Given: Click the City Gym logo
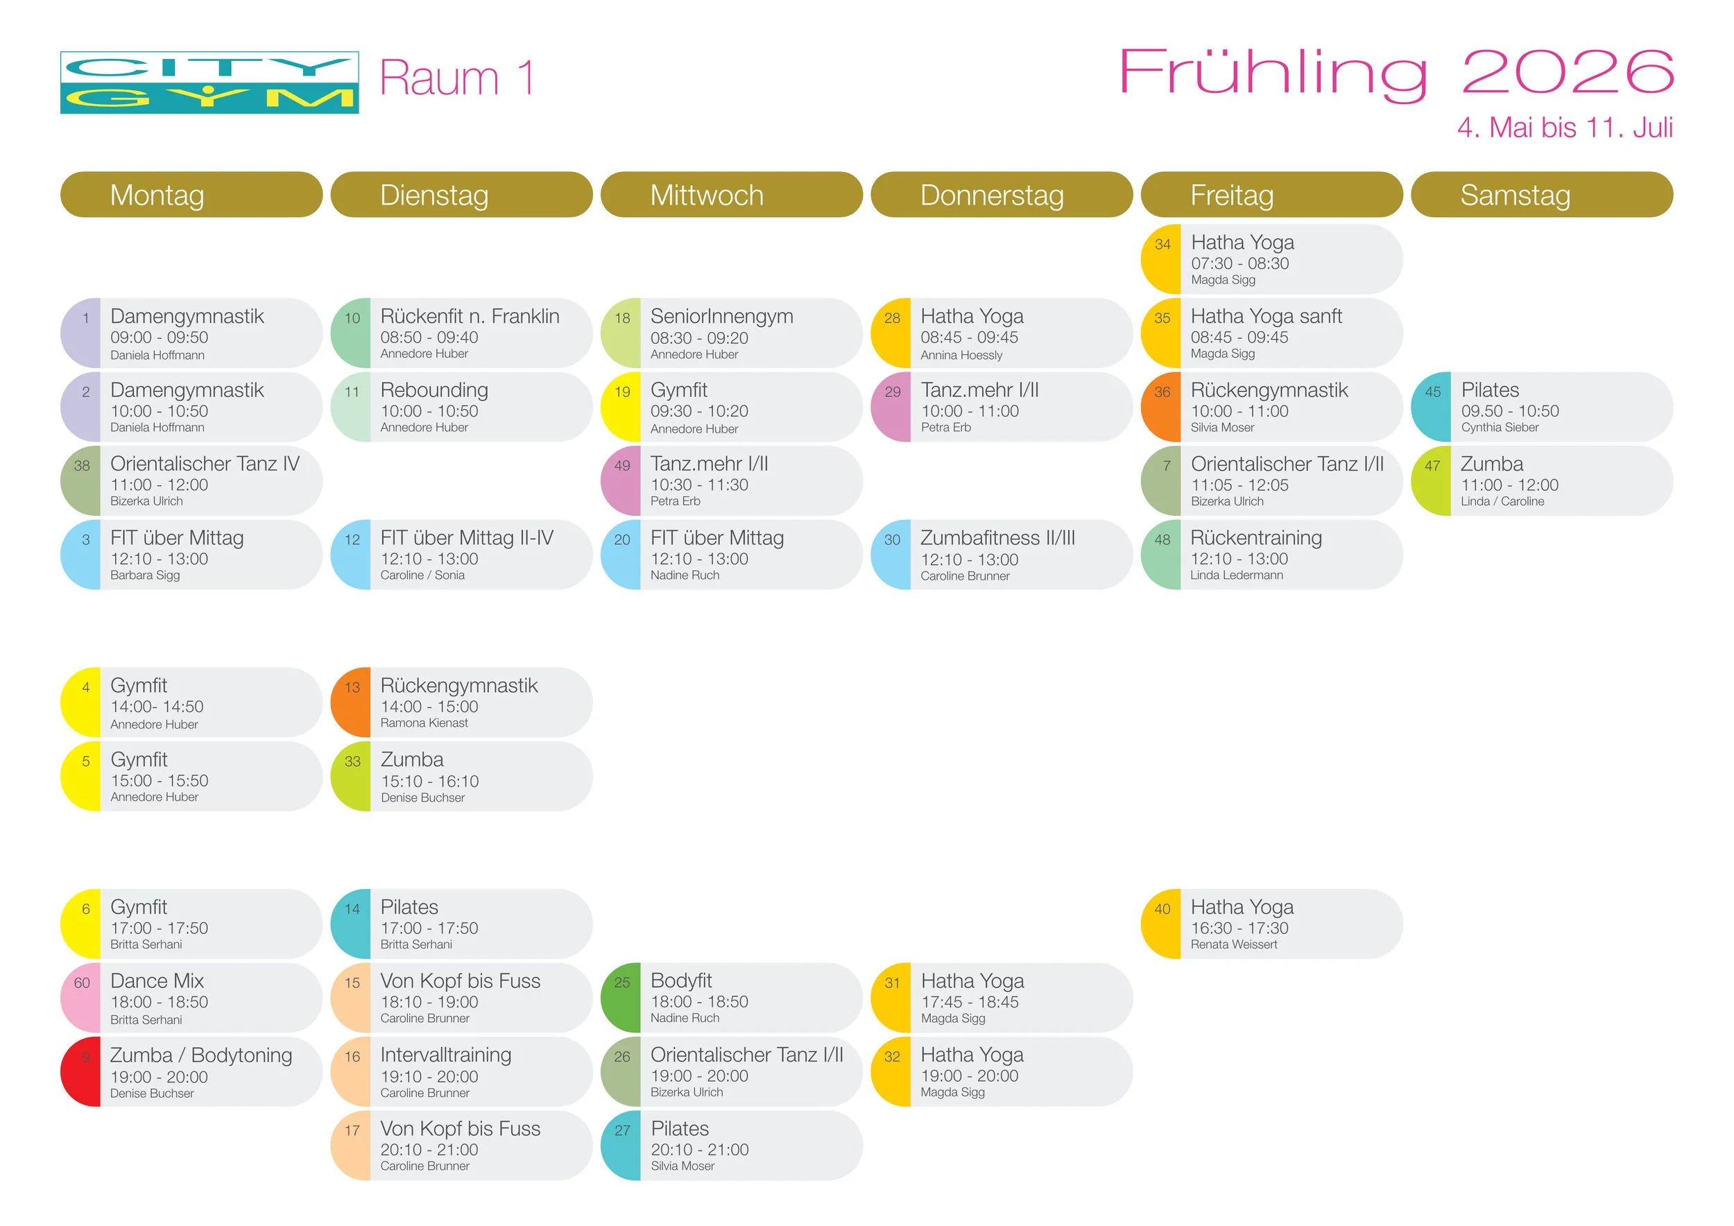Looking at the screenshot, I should click(209, 83).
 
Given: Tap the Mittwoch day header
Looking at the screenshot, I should click(706, 196).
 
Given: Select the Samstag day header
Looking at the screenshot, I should click(1515, 196).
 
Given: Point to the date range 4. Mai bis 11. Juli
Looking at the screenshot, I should click(1565, 128).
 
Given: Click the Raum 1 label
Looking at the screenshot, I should click(457, 78).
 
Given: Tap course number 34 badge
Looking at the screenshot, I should click(1162, 245).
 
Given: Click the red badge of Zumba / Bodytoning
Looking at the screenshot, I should click(82, 1071).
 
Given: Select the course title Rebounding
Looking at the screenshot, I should click(434, 390).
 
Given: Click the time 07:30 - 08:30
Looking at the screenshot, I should click(1239, 264).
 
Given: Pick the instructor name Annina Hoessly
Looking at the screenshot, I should click(961, 355).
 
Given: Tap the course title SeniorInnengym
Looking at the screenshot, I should click(721, 316).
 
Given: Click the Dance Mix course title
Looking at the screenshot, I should click(157, 981).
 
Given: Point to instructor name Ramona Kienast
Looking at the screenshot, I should click(424, 723).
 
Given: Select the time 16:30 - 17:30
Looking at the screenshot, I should click(1239, 928).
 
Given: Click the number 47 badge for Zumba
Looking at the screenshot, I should click(1432, 466).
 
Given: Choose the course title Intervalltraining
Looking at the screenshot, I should click(445, 1055).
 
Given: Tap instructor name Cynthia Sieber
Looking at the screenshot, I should click(1499, 427).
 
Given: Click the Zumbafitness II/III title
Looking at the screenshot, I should click(997, 538).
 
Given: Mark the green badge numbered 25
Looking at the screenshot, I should click(621, 983).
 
